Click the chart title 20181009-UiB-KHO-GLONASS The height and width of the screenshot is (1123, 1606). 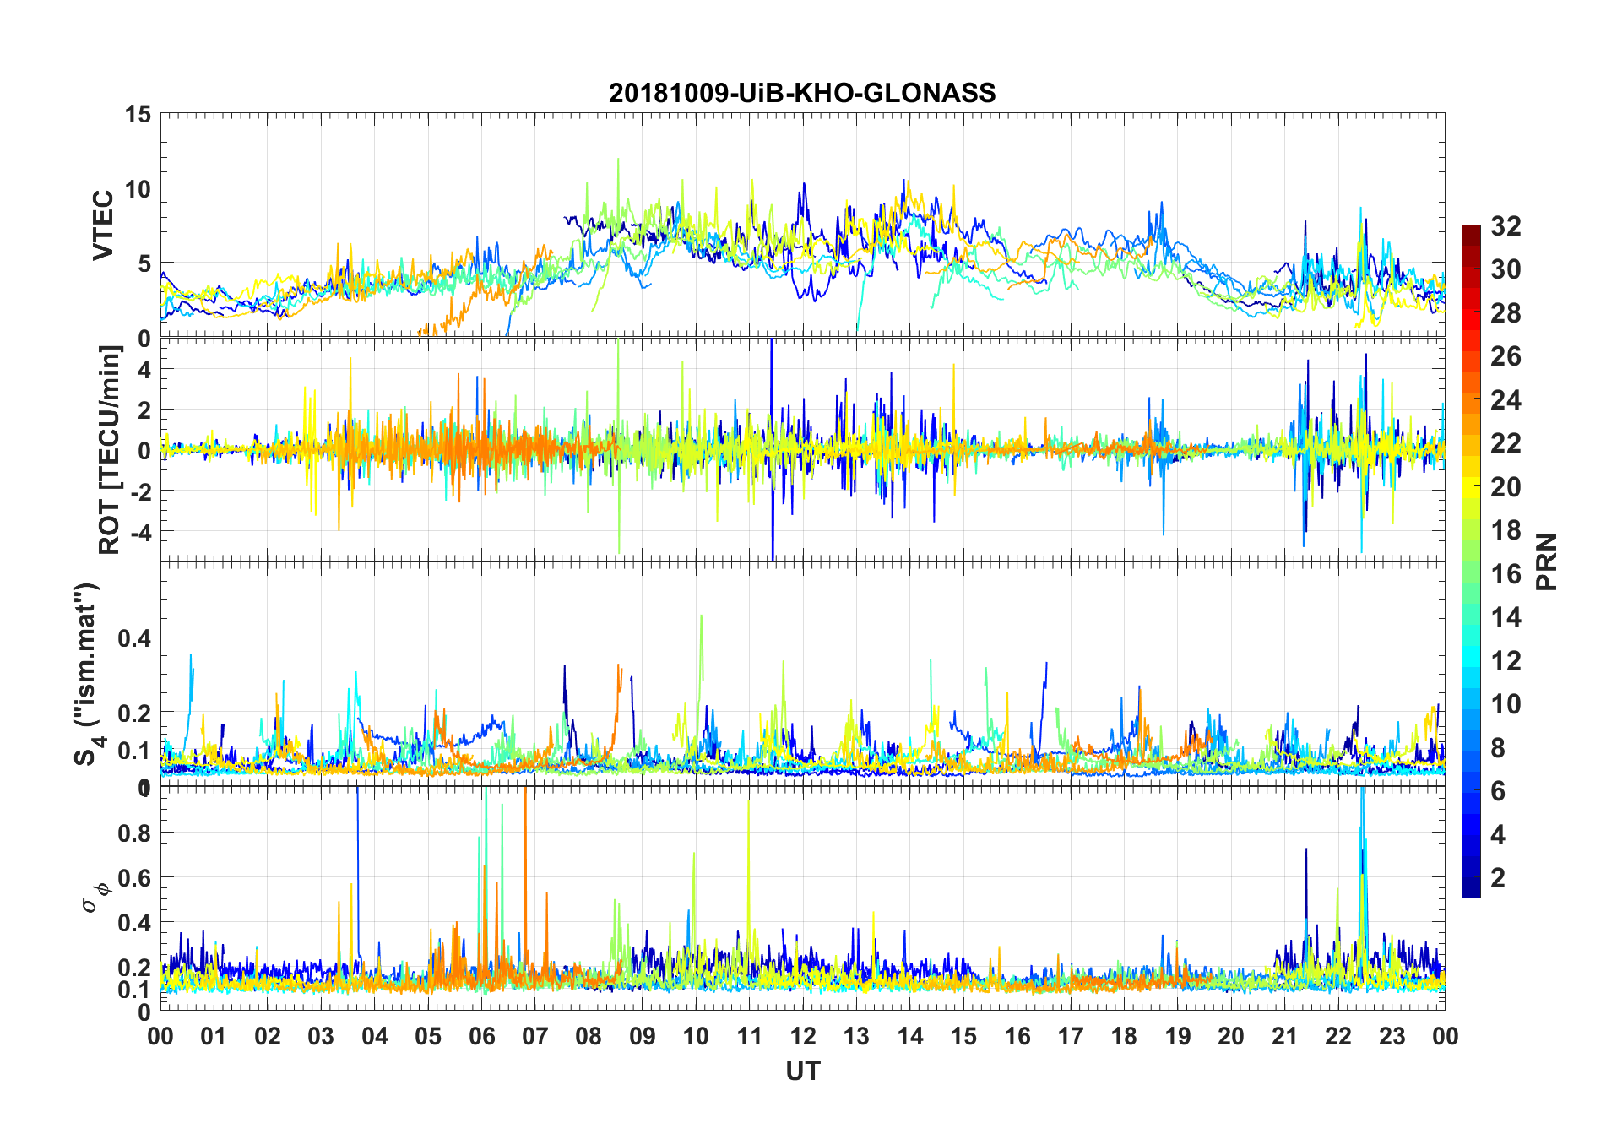point(802,93)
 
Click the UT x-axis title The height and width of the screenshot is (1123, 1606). point(802,1071)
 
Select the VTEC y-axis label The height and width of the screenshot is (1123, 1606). point(103,225)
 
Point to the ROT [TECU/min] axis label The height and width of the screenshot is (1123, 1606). point(110,449)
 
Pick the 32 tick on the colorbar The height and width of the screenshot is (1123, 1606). point(1506,225)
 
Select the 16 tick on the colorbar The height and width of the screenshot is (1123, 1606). point(1506,574)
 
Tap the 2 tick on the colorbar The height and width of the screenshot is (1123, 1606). point(1498,878)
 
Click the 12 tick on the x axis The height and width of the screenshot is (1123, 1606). point(802,1036)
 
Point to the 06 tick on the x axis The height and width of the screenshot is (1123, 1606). point(481,1036)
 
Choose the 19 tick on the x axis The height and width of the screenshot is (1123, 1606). point(1177,1036)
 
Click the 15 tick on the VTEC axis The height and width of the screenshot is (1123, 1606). point(138,114)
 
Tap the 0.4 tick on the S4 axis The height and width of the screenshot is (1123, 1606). point(133,638)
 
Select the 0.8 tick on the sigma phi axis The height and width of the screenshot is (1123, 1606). point(133,833)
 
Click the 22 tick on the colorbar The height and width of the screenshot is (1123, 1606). point(1506,443)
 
